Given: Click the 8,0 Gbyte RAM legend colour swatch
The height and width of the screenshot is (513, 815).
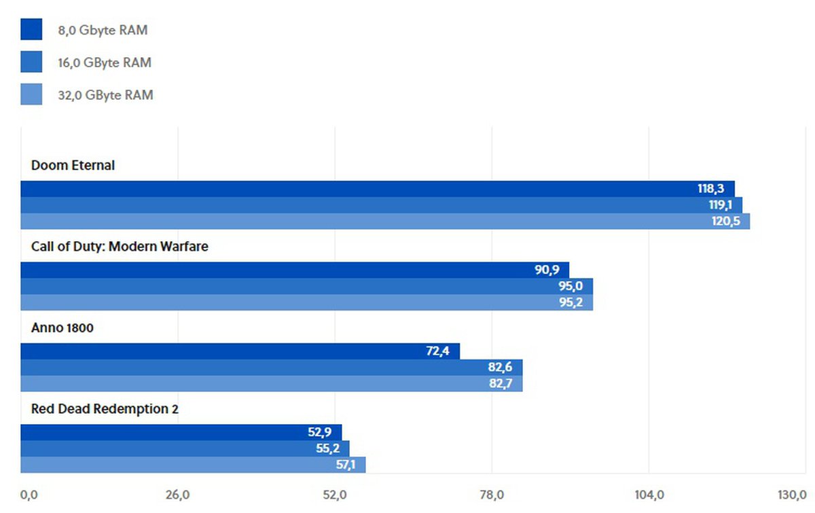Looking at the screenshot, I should (x=31, y=29).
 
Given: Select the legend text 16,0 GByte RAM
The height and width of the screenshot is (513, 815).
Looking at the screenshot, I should (x=105, y=63).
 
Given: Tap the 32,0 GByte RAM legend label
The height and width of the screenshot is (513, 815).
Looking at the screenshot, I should (x=105, y=95).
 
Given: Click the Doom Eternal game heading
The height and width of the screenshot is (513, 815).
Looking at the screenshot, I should (x=73, y=165).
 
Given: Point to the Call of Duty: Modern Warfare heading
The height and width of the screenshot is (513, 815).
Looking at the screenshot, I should (x=120, y=247).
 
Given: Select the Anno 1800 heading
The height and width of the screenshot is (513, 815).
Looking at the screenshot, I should (x=62, y=328).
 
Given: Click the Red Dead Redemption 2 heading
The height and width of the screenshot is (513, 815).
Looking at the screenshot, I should (x=105, y=409).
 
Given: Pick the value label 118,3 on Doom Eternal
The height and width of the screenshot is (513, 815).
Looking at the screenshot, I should (x=710, y=189).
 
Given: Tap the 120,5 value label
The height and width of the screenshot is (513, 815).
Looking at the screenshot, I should (x=725, y=222).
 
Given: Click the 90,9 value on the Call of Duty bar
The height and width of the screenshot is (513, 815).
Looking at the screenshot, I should (x=547, y=270).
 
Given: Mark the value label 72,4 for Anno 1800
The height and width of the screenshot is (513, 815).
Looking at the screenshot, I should (x=437, y=351).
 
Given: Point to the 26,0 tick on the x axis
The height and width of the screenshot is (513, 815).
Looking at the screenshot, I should (x=178, y=495).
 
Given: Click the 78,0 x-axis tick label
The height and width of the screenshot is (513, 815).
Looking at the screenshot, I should (x=492, y=495).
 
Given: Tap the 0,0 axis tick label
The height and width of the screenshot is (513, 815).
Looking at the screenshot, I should (x=29, y=495).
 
